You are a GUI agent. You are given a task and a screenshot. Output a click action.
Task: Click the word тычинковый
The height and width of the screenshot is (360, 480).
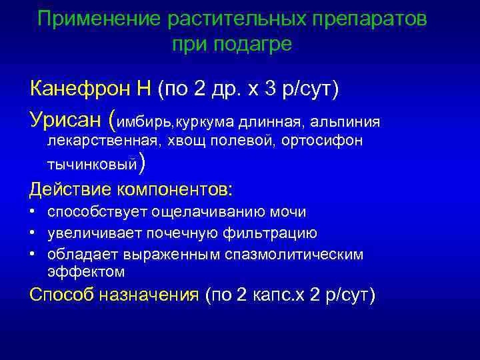(x=92, y=163)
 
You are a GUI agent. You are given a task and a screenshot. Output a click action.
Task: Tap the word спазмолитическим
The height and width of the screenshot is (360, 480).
(x=304, y=255)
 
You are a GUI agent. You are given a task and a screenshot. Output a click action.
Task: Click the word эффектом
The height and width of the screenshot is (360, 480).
(x=86, y=271)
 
